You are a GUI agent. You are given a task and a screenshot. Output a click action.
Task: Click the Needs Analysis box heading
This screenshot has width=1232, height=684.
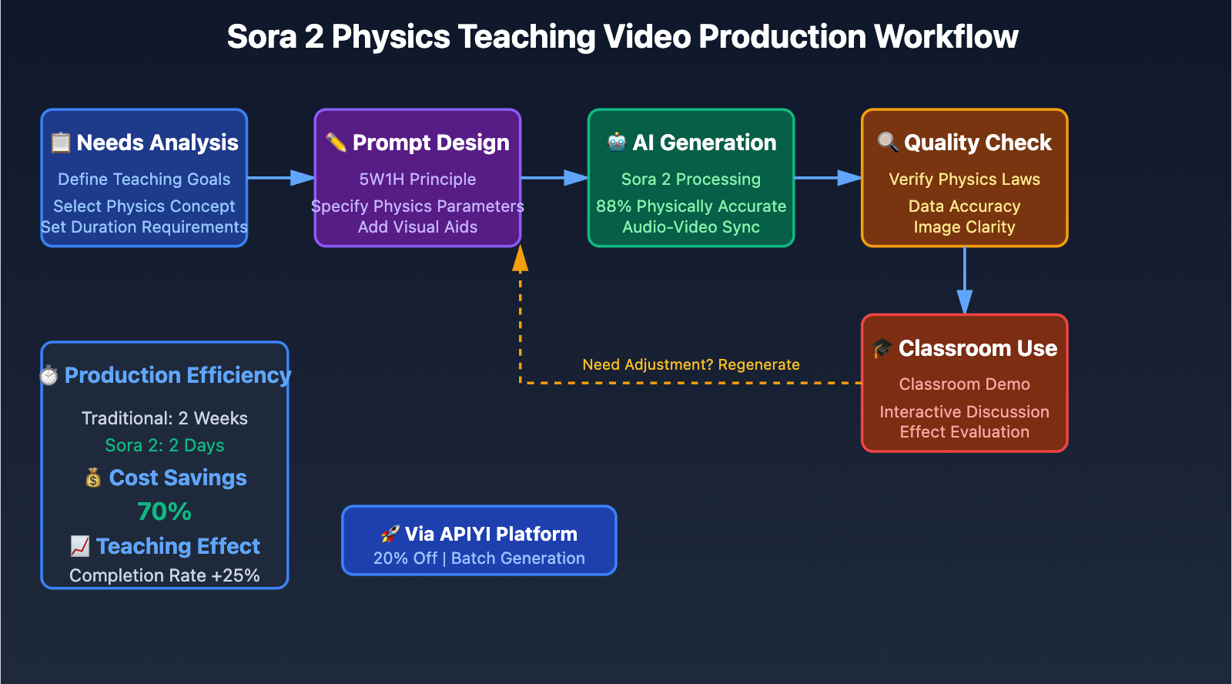click(157, 143)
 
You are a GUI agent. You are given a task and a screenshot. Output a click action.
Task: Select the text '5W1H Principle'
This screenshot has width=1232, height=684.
click(417, 179)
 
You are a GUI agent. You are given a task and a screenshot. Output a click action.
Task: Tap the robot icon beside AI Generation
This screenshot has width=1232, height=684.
click(616, 142)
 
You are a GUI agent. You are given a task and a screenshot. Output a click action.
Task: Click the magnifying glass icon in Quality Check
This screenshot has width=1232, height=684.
click(887, 142)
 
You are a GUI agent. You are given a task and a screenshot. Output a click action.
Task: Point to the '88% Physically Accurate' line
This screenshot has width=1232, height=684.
click(691, 206)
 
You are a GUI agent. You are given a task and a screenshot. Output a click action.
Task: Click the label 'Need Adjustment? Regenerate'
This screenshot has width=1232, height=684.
click(691, 364)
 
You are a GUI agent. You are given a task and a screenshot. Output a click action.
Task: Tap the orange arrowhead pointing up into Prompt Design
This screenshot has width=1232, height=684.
click(521, 260)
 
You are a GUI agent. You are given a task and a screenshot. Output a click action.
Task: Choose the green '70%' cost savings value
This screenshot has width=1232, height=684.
click(164, 511)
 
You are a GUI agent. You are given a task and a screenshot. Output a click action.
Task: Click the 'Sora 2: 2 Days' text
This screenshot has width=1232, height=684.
click(164, 446)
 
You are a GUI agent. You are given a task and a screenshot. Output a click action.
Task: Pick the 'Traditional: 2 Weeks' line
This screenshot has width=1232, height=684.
click(164, 418)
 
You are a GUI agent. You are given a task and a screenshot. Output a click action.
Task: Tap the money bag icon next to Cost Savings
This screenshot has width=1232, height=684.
click(93, 478)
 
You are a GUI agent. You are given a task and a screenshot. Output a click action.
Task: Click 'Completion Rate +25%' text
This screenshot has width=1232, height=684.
click(164, 575)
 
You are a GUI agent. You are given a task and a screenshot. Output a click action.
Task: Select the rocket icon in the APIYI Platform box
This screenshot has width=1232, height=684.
click(390, 534)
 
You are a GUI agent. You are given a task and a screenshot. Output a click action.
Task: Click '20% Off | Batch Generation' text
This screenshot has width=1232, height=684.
click(479, 558)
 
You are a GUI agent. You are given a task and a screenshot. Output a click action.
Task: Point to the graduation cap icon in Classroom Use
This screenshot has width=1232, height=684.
click(882, 348)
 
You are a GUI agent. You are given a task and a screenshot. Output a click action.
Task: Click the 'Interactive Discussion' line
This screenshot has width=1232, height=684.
click(964, 412)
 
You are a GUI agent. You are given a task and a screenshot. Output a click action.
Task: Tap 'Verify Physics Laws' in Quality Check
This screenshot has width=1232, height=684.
click(964, 179)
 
